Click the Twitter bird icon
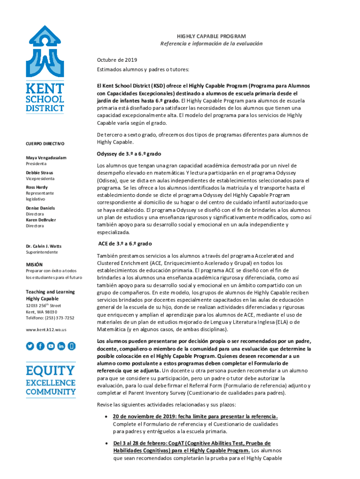coord(30,346)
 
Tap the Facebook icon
coord(41,346)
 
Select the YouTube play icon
coord(51,346)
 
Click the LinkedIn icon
coord(61,346)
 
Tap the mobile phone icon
coord(72,346)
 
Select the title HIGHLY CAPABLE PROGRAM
coord(211,36)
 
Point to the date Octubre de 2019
coord(117,60)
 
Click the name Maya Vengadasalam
coord(46,158)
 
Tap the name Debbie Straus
coord(39,173)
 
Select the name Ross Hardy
coord(36,187)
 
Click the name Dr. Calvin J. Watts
coord(43,246)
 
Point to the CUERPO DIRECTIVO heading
coord(45,143)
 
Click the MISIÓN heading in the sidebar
coord(34,264)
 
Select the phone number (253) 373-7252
coord(58,318)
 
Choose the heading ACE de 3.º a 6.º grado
coord(124,244)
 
